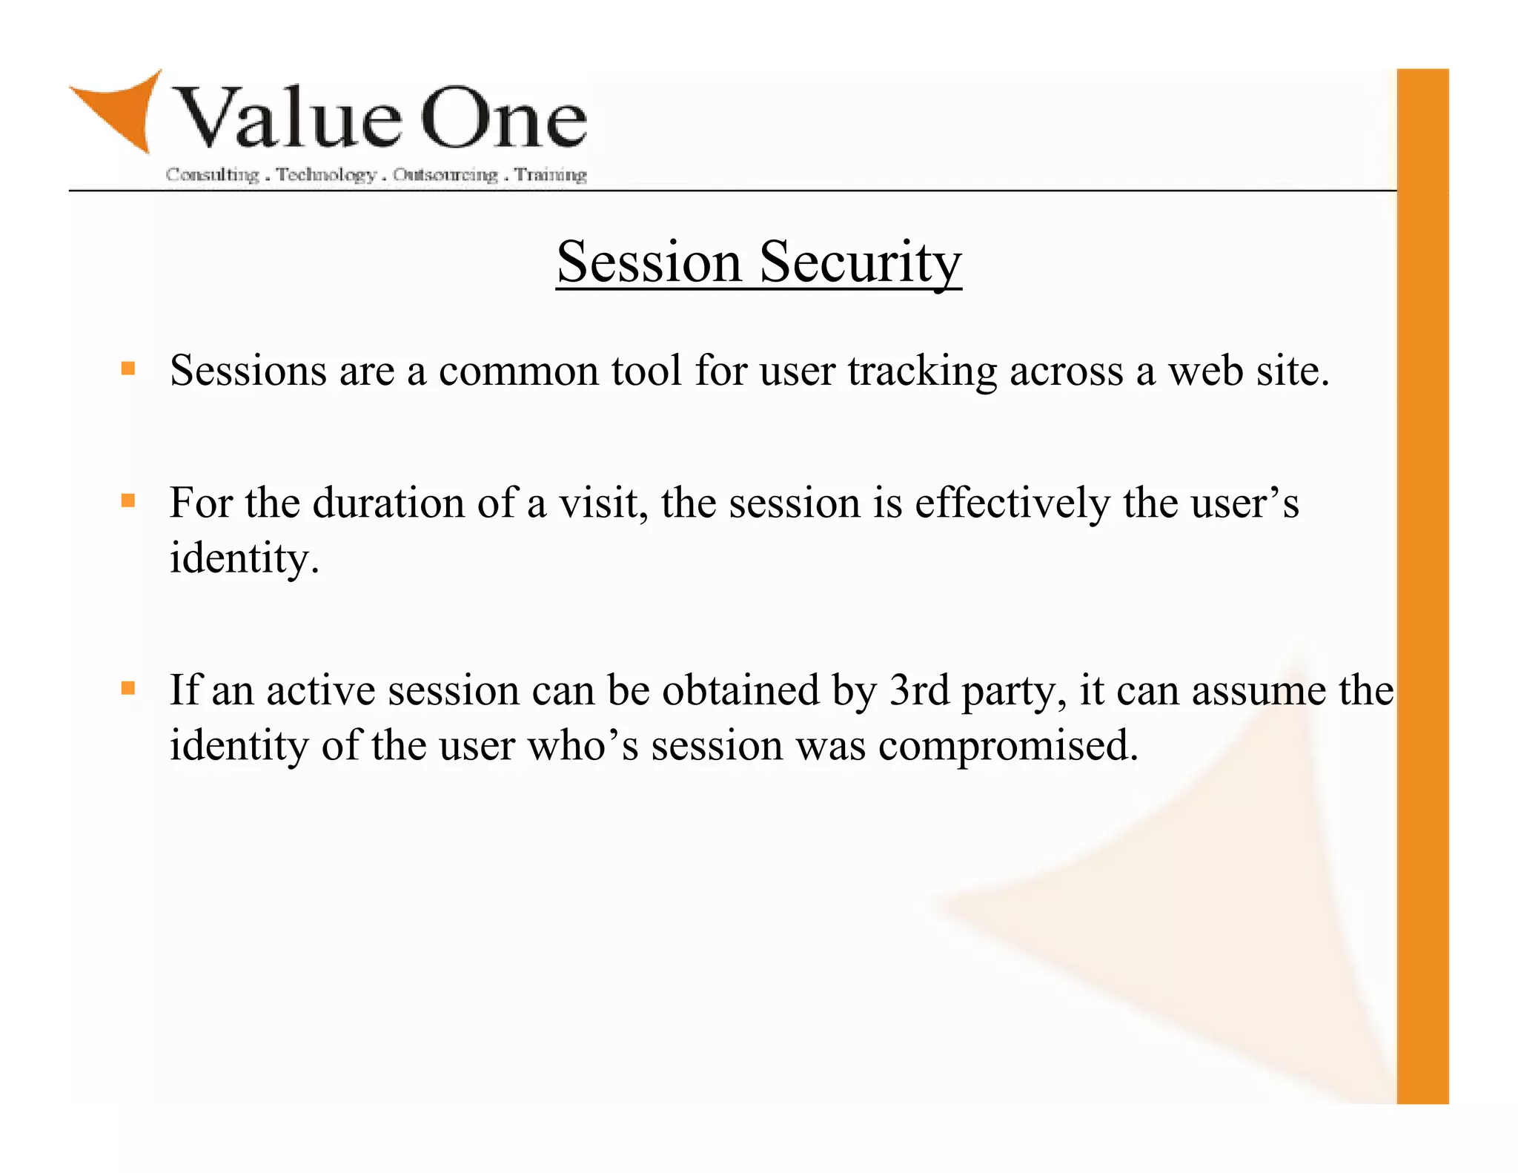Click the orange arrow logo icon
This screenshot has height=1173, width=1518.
point(122,111)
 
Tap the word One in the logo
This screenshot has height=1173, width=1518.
point(504,119)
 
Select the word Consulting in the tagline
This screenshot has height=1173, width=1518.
point(212,175)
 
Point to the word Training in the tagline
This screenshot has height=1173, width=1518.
point(551,175)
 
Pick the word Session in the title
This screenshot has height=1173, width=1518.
point(649,262)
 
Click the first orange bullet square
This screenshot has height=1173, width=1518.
point(128,369)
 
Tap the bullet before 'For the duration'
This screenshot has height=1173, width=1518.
point(128,500)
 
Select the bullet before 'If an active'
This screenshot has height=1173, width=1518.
point(128,688)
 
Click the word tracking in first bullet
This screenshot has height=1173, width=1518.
point(922,371)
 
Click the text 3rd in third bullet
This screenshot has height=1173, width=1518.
point(918,691)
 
